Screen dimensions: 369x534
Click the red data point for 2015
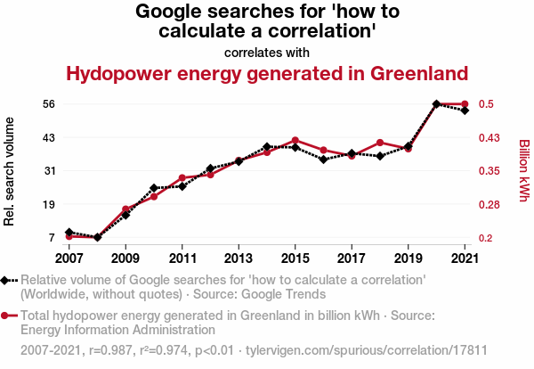(x=295, y=140)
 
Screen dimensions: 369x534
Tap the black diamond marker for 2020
(x=436, y=104)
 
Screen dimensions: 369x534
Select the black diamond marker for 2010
(x=154, y=188)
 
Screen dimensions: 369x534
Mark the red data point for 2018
(x=380, y=143)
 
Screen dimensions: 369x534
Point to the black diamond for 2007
(x=69, y=232)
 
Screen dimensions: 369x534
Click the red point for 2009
(x=125, y=209)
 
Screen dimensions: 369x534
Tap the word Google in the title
(x=169, y=12)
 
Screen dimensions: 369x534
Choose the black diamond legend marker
(x=6, y=280)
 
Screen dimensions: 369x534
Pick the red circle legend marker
(x=6, y=316)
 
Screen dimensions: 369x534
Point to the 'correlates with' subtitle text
(x=267, y=52)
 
